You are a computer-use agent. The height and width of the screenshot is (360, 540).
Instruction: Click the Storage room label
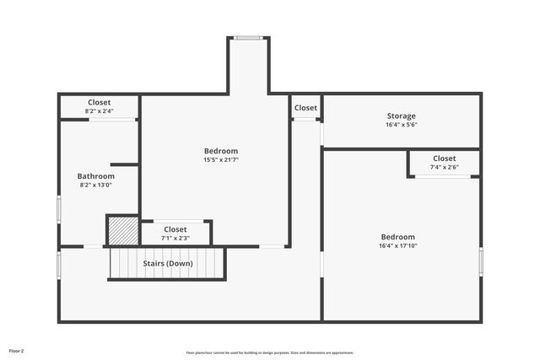401,116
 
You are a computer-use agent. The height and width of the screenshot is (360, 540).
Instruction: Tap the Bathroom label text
96,176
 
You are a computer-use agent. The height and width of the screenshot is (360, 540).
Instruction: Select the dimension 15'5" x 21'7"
220,159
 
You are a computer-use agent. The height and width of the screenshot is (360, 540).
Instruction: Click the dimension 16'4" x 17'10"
397,246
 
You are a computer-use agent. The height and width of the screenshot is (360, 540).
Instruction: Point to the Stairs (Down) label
167,263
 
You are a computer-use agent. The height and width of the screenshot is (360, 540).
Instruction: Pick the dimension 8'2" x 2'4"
99,110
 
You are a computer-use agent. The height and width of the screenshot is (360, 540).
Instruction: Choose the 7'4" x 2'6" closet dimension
444,167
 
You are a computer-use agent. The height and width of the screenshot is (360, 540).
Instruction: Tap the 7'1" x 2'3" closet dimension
175,238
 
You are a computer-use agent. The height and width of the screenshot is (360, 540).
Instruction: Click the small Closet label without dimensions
305,108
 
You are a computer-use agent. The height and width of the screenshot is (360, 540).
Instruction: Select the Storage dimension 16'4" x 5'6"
401,125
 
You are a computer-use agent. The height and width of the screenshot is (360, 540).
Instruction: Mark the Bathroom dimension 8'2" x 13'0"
96,185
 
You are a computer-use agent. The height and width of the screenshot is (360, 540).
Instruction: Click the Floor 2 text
16,350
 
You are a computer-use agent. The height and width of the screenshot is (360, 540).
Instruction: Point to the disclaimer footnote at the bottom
269,352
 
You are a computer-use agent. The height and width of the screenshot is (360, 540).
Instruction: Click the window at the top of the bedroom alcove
247,37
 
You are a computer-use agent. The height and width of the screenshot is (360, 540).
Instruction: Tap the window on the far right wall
480,261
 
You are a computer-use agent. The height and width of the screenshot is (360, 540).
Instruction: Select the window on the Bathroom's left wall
58,208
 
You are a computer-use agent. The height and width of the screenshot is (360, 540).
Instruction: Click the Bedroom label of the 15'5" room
221,151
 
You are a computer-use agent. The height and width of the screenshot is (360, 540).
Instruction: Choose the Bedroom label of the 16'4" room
397,237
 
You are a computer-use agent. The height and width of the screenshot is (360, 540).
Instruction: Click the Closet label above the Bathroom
99,102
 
